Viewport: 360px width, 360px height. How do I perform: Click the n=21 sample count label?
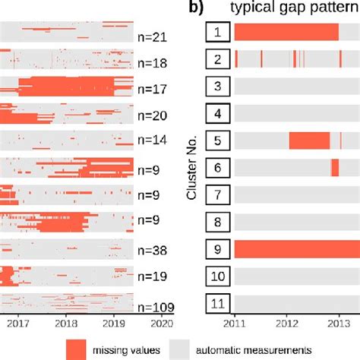[x=153, y=36]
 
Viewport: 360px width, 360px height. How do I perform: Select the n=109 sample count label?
[x=156, y=307]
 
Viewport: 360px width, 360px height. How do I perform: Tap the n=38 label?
[x=153, y=250]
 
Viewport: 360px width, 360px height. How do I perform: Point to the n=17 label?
[x=153, y=90]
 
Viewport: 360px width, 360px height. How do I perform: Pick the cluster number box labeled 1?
[x=216, y=32]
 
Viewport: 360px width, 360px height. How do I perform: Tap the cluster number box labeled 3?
[x=216, y=87]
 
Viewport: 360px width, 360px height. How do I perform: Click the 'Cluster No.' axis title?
[x=193, y=168]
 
